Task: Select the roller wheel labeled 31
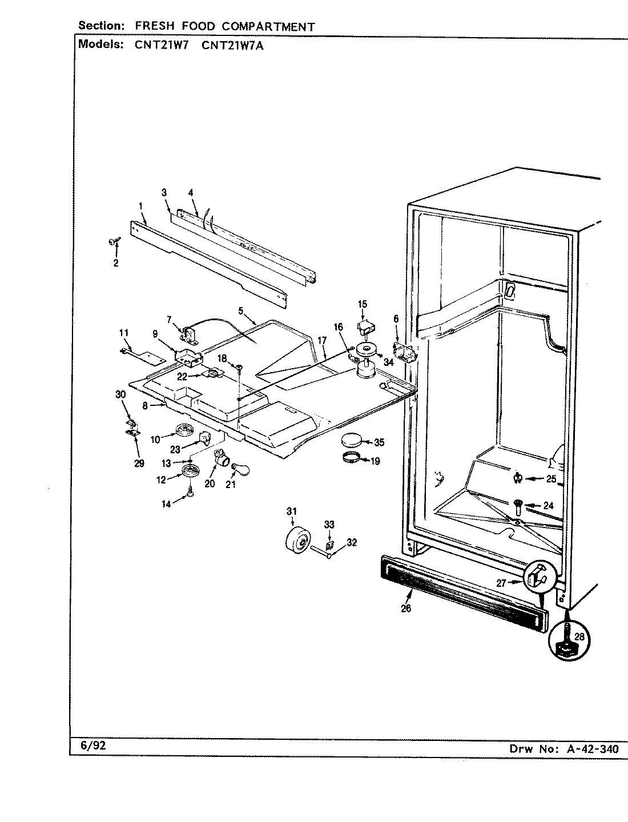point(298,540)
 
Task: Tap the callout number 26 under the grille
point(406,609)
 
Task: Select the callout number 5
point(241,311)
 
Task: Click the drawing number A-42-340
point(594,750)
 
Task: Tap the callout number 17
point(321,340)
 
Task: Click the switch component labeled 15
point(365,328)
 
